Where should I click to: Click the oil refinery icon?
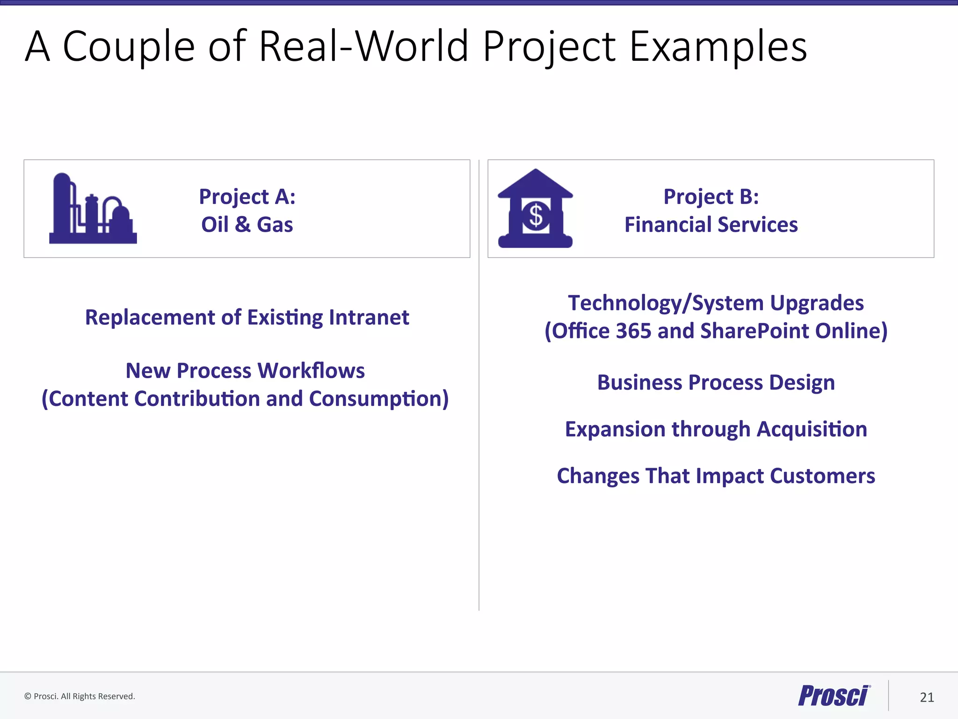93,209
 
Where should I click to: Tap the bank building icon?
535,209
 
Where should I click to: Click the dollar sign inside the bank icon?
536,216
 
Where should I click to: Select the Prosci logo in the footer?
834,696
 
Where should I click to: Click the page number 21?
927,697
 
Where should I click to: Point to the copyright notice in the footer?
80,696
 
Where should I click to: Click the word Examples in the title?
718,46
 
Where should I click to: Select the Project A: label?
247,197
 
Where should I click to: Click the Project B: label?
711,197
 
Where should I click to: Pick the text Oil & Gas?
247,225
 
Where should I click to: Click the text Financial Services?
711,225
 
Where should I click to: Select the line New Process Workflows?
245,371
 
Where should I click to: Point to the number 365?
633,331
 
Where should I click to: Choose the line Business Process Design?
716,382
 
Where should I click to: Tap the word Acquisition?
812,429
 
